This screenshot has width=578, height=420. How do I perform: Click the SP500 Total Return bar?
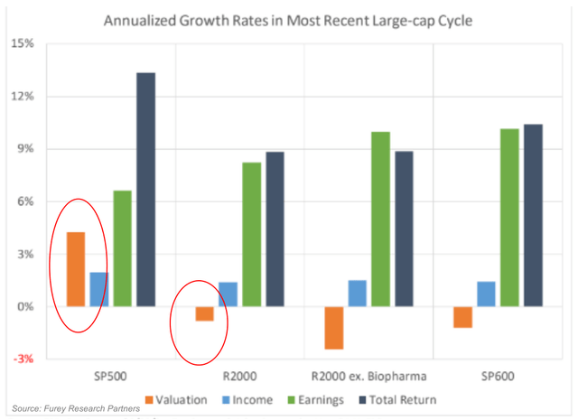tap(145, 190)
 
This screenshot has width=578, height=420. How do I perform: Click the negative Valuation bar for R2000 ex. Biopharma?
tap(335, 328)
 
